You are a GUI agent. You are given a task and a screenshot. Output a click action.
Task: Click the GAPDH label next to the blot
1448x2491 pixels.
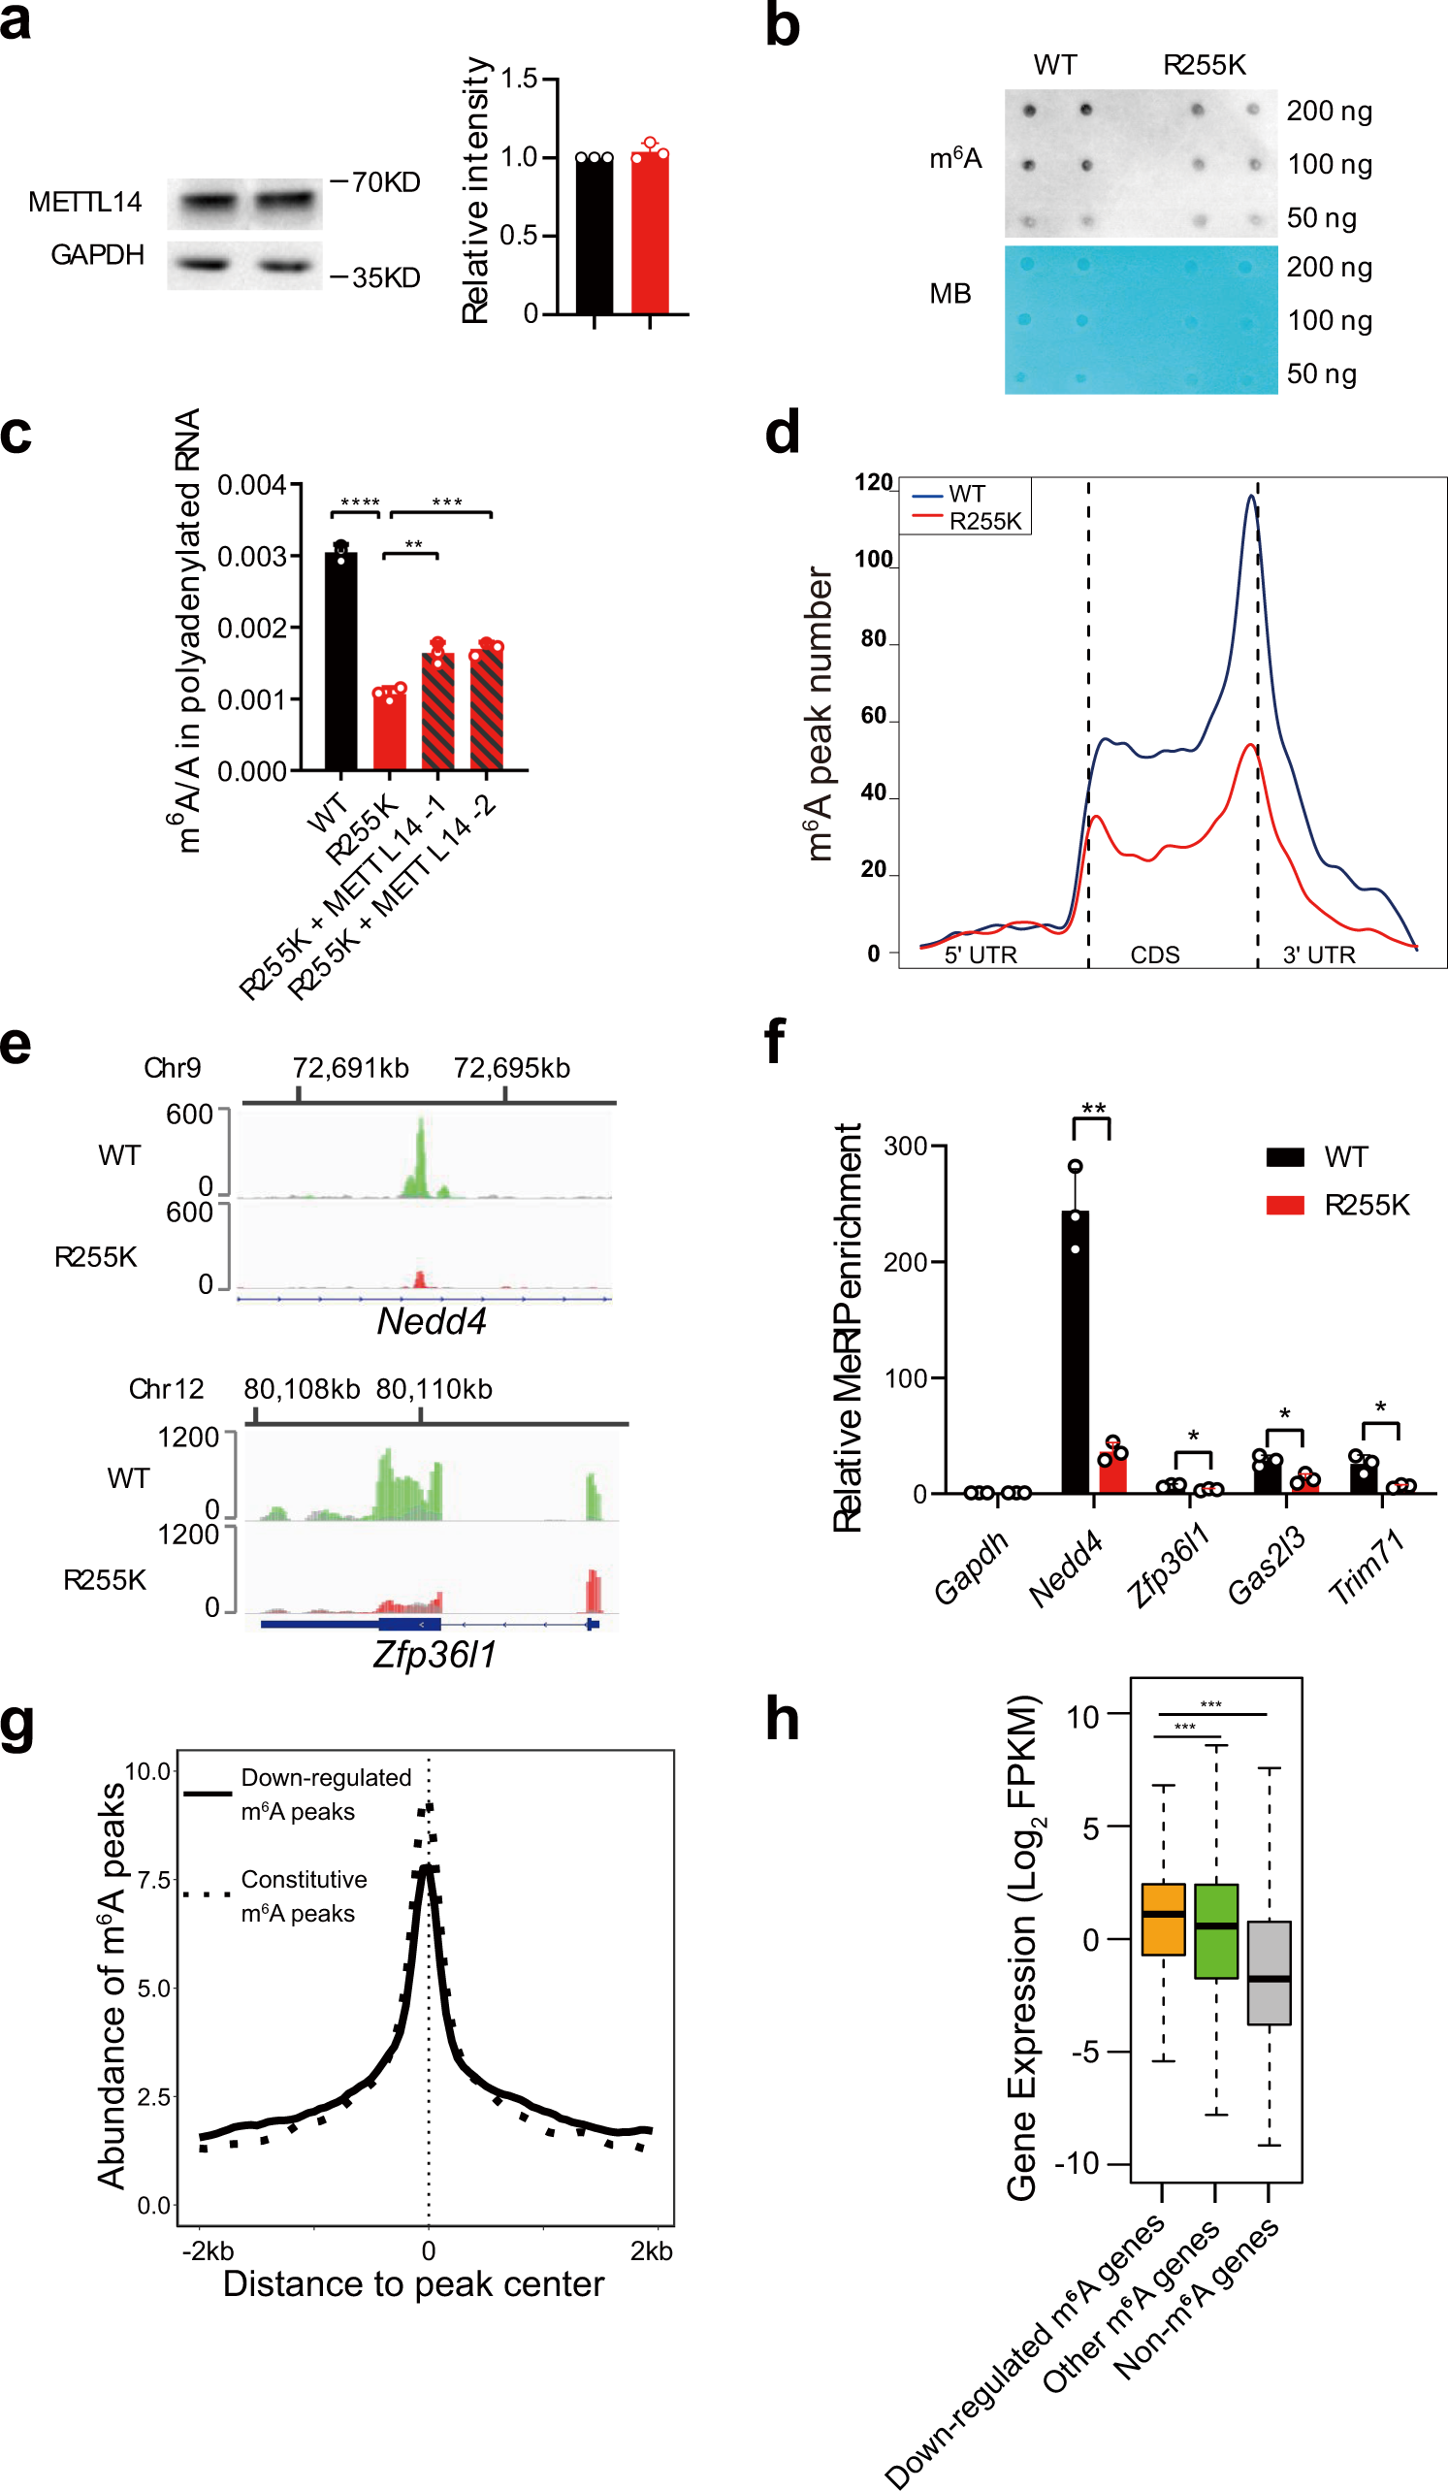pyautogui.click(x=97, y=255)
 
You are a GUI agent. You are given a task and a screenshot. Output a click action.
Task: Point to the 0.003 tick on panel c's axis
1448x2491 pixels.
pyautogui.click(x=252, y=557)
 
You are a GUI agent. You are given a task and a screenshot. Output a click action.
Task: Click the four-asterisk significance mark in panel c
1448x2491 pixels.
pyautogui.click(x=360, y=503)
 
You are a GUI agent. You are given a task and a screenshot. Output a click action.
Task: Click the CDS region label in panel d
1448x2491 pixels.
pyautogui.click(x=1154, y=954)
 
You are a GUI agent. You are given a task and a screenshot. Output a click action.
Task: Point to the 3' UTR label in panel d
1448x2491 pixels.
pyautogui.click(x=1318, y=954)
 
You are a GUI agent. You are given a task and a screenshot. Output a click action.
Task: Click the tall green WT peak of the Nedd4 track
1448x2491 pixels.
pyautogui.click(x=422, y=1156)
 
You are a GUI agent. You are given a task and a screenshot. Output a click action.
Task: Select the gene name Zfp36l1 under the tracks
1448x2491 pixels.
pyautogui.click(x=434, y=1654)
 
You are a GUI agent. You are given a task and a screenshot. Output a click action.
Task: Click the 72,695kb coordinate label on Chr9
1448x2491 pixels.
pyautogui.click(x=511, y=1068)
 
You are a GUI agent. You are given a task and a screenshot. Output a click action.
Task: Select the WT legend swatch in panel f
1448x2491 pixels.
pyautogui.click(x=1285, y=1156)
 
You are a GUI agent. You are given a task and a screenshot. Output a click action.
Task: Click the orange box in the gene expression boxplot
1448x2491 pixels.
pyautogui.click(x=1162, y=1919)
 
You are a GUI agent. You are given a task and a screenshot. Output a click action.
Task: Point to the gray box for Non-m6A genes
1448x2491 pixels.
pyautogui.click(x=1269, y=1972)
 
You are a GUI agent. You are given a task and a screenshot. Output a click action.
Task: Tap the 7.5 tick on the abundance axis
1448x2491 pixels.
pyautogui.click(x=154, y=1879)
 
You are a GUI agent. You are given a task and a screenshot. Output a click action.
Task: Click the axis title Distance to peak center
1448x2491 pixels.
pyautogui.click(x=413, y=2283)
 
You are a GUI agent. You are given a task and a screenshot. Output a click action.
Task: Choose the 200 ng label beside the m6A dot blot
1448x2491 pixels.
pyautogui.click(x=1329, y=111)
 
